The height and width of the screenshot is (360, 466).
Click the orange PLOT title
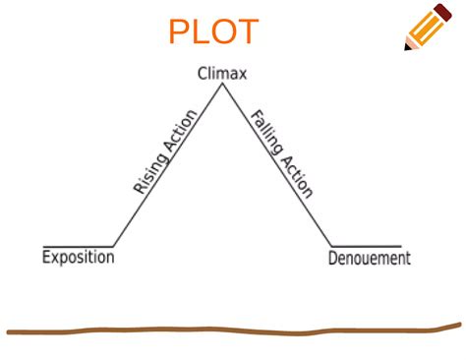point(213,31)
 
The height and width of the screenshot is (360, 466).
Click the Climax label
point(222,74)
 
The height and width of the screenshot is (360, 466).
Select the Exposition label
point(79,258)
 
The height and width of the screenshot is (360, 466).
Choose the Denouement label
point(369,259)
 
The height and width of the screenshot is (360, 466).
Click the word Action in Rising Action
point(183,130)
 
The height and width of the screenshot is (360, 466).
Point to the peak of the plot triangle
point(223,85)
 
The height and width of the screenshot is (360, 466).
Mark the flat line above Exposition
point(79,245)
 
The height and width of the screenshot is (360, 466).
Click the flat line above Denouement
point(366,245)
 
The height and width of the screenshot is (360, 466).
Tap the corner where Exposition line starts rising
point(114,245)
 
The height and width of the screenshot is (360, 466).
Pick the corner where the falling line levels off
point(332,245)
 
